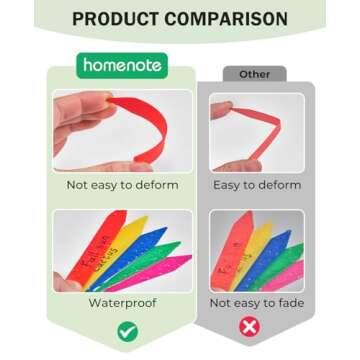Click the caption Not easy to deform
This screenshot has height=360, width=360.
(x=123, y=185)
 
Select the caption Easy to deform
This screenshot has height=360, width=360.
(x=258, y=185)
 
